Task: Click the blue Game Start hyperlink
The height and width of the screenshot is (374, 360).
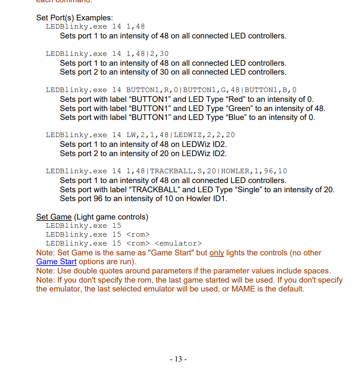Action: click(56, 262)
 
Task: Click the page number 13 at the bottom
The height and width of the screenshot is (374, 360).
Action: click(178, 359)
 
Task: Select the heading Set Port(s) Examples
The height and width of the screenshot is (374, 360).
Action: click(75, 18)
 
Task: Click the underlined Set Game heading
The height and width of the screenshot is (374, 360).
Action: click(54, 217)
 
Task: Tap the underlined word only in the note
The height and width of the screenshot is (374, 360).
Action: click(217, 253)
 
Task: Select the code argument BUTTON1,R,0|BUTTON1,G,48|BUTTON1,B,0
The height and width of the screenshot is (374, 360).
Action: click(211, 90)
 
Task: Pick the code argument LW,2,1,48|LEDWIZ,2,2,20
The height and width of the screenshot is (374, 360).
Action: click(180, 135)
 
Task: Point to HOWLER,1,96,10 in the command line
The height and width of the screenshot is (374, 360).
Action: click(254, 171)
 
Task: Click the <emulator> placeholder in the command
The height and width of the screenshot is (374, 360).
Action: click(178, 243)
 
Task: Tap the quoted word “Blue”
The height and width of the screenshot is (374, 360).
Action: click(236, 117)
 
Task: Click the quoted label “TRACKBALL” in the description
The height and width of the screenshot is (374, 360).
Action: click(155, 190)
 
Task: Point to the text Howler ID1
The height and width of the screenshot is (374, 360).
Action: click(206, 199)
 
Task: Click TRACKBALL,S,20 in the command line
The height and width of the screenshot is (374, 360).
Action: click(183, 171)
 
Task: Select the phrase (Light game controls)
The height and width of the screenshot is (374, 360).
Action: click(111, 217)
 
